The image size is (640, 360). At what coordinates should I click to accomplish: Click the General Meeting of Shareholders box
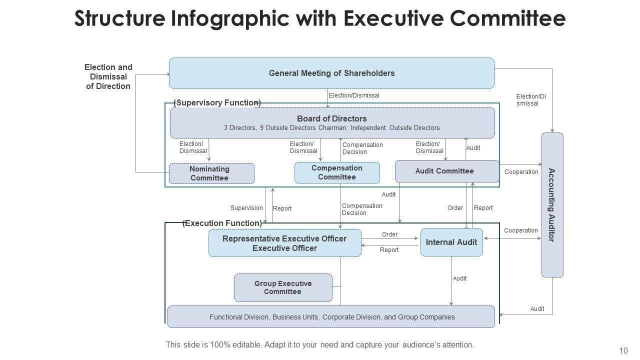point(331,73)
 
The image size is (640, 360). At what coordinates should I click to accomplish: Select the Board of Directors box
point(332,122)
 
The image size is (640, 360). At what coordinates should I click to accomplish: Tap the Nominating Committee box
point(211,173)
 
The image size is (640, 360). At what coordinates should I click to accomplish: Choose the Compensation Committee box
point(337,172)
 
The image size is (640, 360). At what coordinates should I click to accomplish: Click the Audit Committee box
point(446,171)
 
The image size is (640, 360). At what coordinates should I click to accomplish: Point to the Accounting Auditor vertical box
point(552,205)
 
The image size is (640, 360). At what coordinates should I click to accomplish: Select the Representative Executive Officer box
point(284,243)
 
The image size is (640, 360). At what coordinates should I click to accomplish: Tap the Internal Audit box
point(451,242)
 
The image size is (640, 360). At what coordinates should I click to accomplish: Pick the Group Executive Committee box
point(283,287)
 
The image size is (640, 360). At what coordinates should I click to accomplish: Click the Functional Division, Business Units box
point(331,317)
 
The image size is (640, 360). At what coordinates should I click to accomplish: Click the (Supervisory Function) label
point(217,102)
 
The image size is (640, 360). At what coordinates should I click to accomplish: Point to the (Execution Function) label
point(222,223)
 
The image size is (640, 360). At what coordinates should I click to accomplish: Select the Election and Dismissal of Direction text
point(108,76)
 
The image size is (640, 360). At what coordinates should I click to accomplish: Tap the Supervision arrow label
point(246,208)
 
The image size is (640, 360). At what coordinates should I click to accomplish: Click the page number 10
point(623,350)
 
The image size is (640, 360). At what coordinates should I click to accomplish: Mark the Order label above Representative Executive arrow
point(389,234)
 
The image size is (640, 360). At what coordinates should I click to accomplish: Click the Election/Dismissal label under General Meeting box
point(354,95)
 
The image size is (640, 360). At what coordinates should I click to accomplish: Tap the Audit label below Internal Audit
point(459,278)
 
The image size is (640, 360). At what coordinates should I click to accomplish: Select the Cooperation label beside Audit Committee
point(521,172)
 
